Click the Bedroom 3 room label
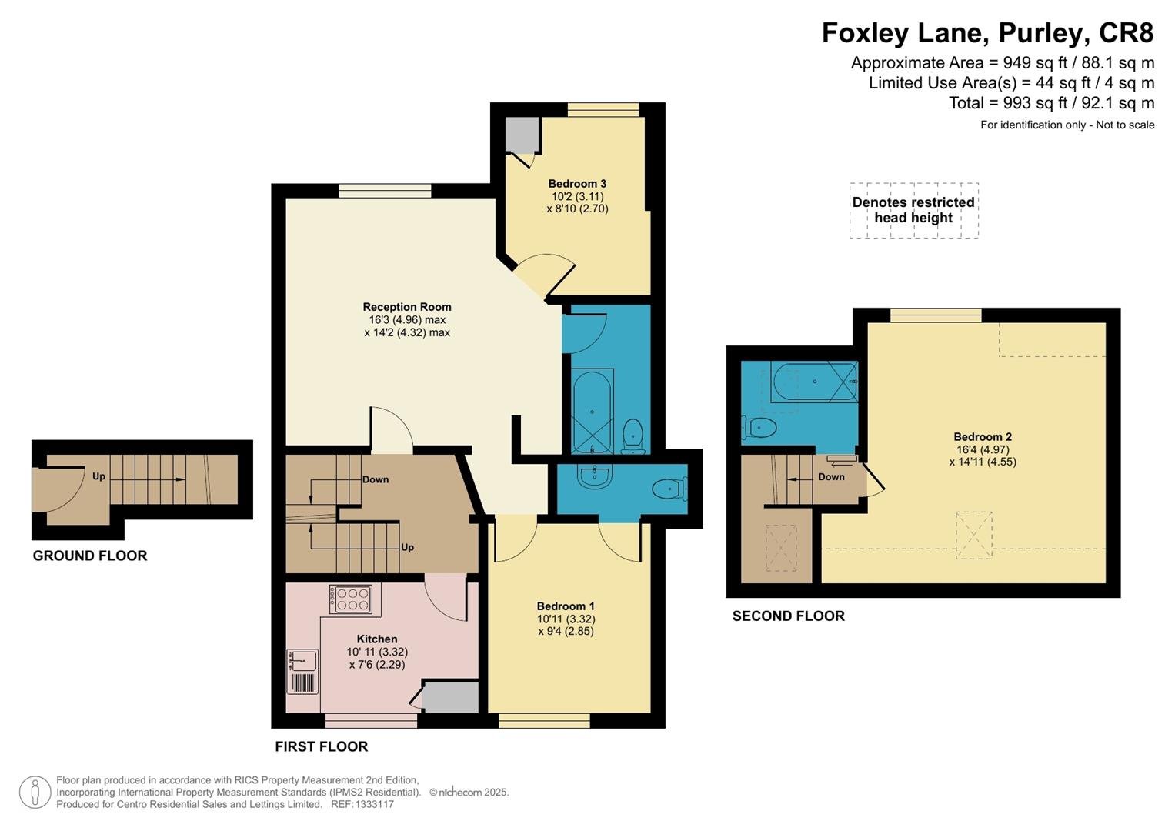click(577, 184)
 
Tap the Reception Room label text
click(407, 307)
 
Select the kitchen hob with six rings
click(350, 599)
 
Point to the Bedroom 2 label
click(983, 436)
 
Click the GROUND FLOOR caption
click(90, 556)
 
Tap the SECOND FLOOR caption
click(789, 616)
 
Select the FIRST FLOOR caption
click(322, 746)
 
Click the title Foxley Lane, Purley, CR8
click(988, 33)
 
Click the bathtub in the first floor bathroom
click(593, 411)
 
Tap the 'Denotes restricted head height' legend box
click(914, 210)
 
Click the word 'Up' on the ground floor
click(98, 476)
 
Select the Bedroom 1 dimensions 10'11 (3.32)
click(566, 619)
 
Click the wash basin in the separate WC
click(594, 476)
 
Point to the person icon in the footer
click(35, 793)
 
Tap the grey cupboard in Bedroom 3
click(522, 135)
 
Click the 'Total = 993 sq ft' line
click(1051, 103)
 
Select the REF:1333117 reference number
click(362, 804)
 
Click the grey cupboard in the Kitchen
click(451, 697)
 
